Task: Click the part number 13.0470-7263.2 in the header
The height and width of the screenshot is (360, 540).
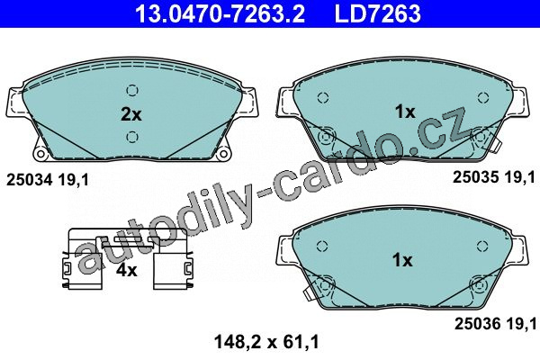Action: (220, 13)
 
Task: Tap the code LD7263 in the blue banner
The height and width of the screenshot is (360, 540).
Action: (378, 13)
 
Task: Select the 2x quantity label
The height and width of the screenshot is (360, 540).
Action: (130, 114)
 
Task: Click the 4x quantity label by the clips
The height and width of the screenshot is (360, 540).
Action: (126, 270)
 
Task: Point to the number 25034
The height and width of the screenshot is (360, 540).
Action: (30, 180)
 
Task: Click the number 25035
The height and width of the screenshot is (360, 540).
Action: (475, 177)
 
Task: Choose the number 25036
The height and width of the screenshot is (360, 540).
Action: (477, 323)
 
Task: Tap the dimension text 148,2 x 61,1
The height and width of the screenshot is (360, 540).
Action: (266, 342)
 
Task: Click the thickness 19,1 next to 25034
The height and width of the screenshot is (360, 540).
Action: (74, 180)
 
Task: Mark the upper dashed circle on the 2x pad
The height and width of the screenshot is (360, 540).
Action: (132, 91)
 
